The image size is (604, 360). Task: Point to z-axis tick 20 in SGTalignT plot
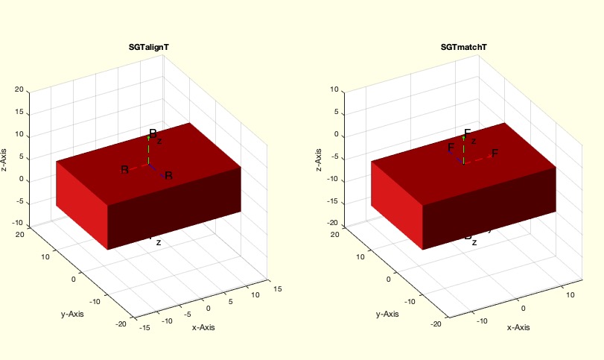(19, 90)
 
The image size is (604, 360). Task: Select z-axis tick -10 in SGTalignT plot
(18, 225)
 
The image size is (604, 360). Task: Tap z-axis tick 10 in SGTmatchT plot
(335, 90)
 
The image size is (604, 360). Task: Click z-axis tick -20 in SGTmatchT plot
(334, 224)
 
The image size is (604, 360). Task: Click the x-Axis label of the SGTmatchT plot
(518, 327)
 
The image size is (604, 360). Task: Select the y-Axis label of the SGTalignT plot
(72, 314)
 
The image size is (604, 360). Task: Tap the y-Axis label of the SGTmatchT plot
(387, 314)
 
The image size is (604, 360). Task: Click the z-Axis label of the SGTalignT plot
(5, 157)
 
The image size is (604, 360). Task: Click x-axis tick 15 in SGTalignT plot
(277, 287)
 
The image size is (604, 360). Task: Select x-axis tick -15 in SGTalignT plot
(146, 327)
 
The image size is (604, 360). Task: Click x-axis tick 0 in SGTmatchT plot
(523, 308)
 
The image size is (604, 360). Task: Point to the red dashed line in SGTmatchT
(478, 158)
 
